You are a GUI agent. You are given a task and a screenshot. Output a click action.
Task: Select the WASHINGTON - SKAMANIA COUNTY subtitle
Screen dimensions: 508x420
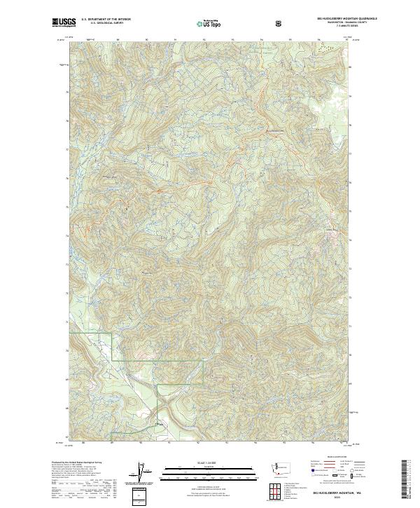tap(323, 25)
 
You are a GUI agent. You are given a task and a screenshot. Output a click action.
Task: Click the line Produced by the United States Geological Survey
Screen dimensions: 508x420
tap(75, 463)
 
